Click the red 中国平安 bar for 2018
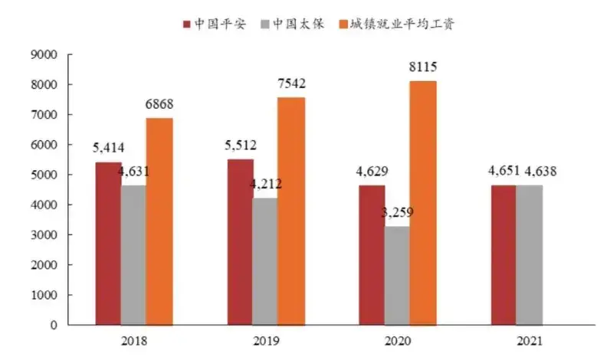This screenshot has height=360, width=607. [108, 244]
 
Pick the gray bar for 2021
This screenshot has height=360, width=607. [530, 255]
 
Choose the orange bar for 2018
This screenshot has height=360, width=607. [159, 221]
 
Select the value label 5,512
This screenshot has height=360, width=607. [240, 145]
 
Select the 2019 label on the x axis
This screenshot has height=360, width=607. [266, 340]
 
